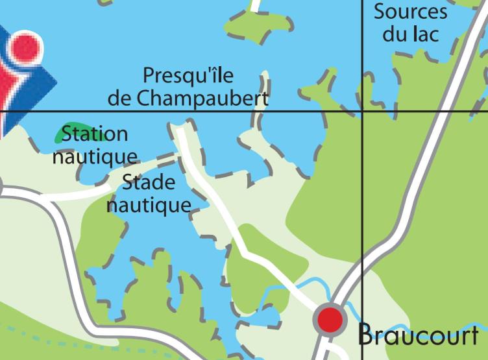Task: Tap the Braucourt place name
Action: pyautogui.click(x=419, y=335)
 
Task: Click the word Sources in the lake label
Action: pyautogui.click(x=410, y=12)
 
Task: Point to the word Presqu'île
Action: pyautogui.click(x=188, y=75)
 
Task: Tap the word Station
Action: pyautogui.click(x=95, y=135)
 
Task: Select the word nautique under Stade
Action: pyautogui.click(x=149, y=206)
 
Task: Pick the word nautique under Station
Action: pyautogui.click(x=95, y=156)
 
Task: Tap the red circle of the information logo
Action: pyautogui.click(x=21, y=47)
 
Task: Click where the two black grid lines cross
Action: pyautogui.click(x=362, y=111)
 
